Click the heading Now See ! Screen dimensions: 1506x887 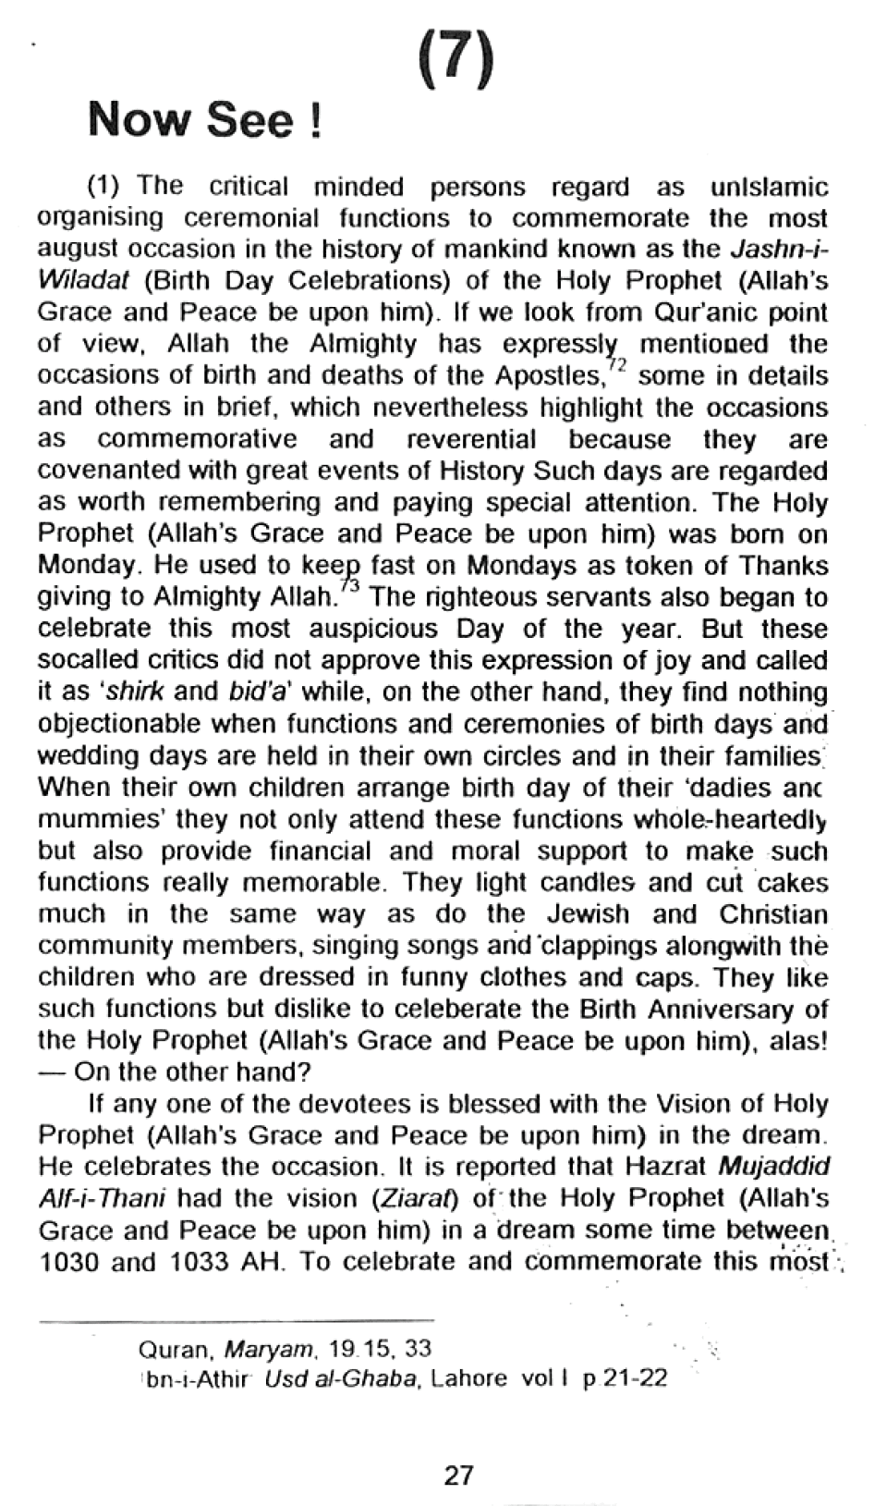point(204,121)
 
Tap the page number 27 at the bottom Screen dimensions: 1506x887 point(458,1475)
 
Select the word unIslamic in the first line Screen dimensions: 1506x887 point(769,188)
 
